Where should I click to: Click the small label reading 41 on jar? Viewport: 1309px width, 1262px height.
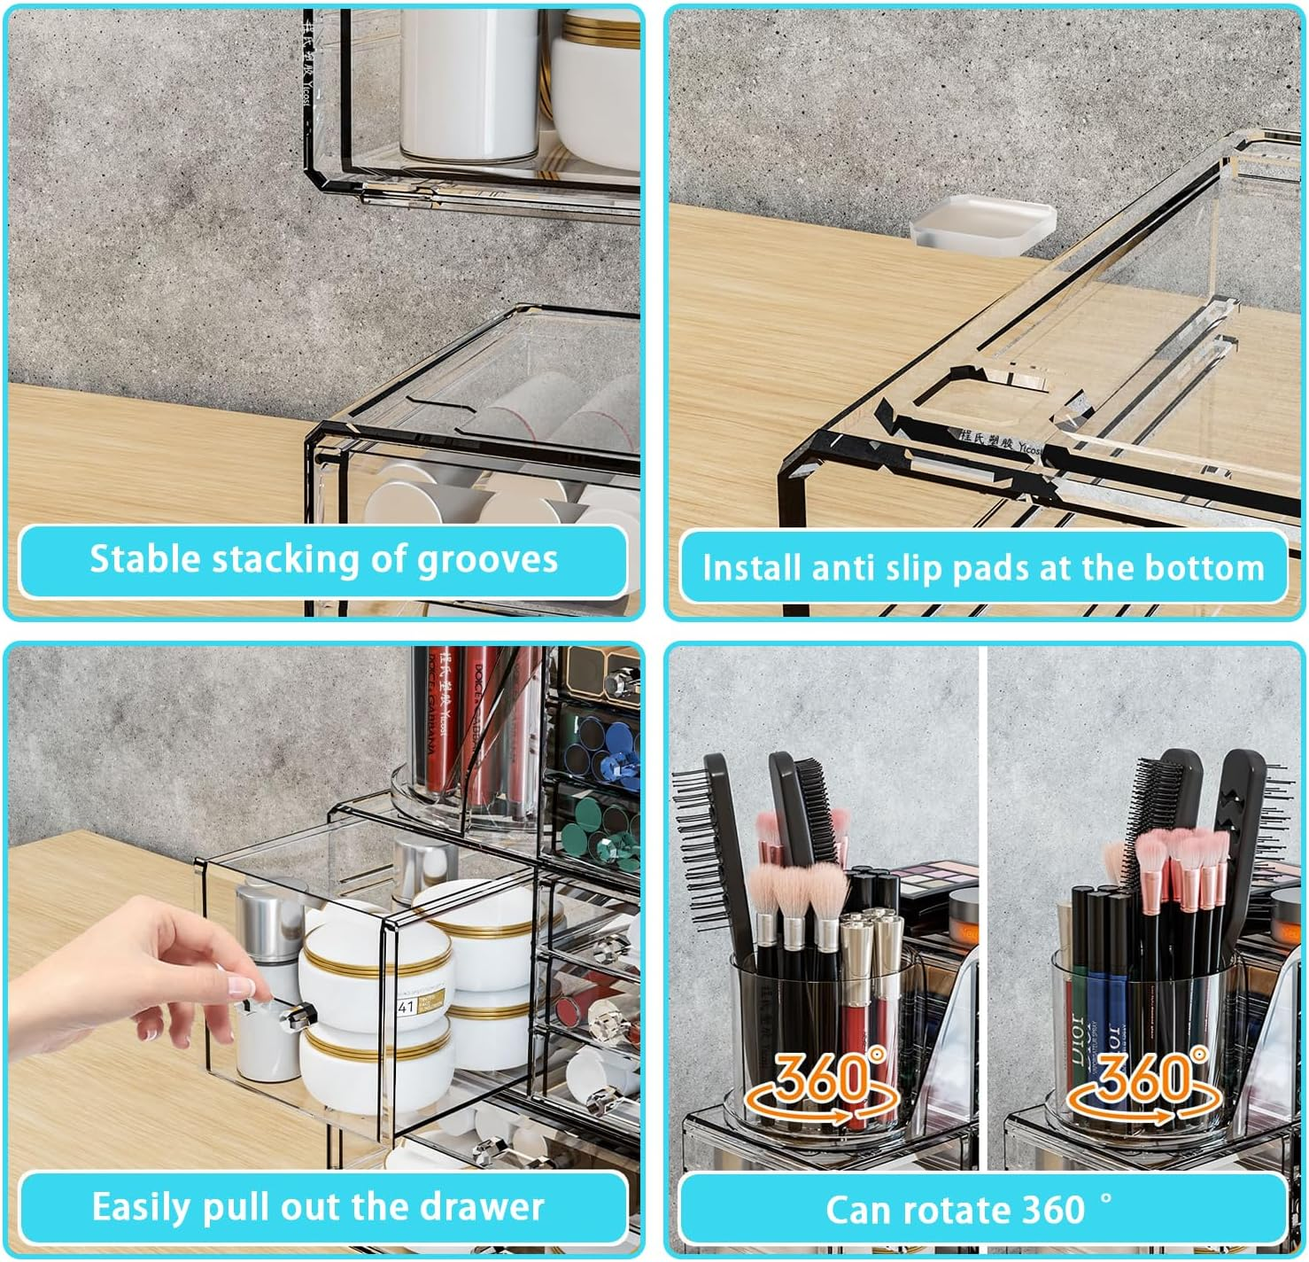point(407,1007)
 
